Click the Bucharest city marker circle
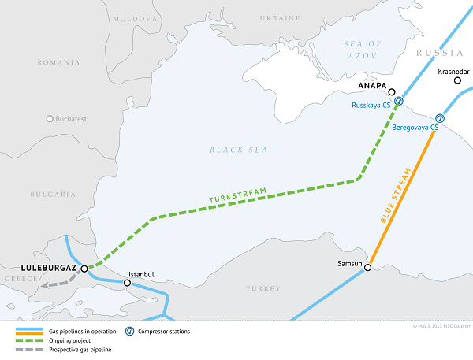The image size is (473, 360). coord(50,119)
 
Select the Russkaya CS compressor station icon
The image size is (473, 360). coord(399,102)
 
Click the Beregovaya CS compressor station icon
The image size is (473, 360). coord(440,118)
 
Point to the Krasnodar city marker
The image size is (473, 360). coord(455,80)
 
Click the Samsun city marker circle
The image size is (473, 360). coord(367,268)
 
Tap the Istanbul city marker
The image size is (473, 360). coord(127,282)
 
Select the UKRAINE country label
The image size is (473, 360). coord(281,17)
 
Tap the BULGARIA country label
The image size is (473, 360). coord(52,193)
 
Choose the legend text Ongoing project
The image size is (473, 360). coord(66,340)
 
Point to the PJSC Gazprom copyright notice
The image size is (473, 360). coord(441,325)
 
